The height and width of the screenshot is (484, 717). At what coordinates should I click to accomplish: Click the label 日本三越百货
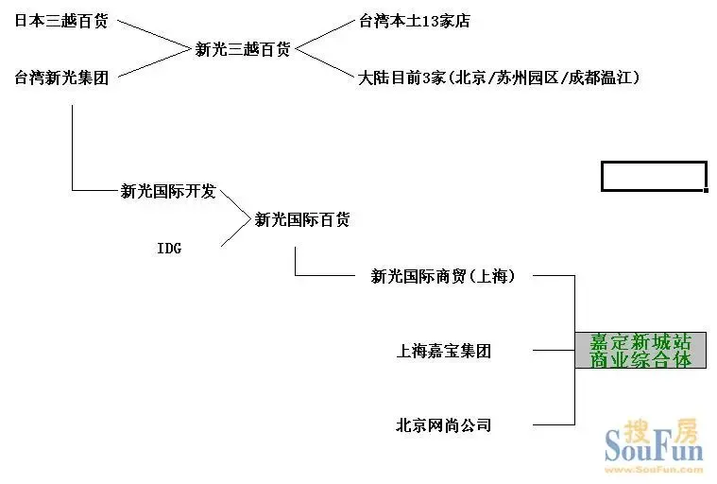[x=60, y=20]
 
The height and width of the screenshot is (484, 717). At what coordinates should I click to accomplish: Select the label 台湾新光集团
[x=60, y=78]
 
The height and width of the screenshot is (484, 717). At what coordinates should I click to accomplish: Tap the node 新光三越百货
[x=243, y=49]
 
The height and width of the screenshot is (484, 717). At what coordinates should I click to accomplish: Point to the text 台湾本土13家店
[x=415, y=20]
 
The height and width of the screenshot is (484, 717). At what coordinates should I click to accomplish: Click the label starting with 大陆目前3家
[x=499, y=78]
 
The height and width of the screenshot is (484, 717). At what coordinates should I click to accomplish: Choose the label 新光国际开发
[x=168, y=191]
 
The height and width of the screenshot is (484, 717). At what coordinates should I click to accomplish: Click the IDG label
[x=169, y=248]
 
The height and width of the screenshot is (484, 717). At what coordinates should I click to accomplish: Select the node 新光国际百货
[x=302, y=219]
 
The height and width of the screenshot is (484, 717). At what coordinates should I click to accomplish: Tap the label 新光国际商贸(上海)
[x=443, y=276]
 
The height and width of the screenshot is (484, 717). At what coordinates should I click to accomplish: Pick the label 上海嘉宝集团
[x=443, y=351]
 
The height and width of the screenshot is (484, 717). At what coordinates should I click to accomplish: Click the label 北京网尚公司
[x=443, y=425]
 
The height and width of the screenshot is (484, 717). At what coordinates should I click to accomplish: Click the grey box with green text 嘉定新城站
[x=640, y=351]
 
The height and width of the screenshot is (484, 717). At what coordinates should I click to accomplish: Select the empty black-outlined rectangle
[x=654, y=176]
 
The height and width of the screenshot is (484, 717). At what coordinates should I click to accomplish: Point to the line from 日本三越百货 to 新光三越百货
[x=153, y=34]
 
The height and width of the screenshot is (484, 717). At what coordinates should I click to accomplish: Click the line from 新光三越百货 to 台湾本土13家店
[x=325, y=34]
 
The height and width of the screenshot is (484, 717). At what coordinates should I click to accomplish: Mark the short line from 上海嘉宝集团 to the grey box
[x=555, y=351]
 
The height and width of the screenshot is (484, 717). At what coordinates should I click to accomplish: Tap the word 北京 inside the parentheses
[x=473, y=78]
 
